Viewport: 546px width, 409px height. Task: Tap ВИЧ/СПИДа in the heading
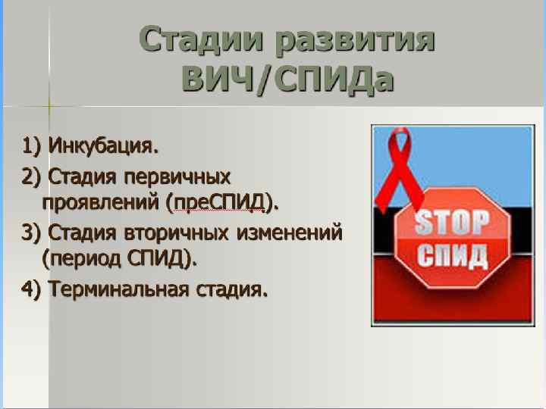click(x=288, y=78)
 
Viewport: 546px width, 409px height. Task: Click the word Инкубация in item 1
click(x=103, y=144)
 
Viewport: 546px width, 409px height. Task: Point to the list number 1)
click(x=32, y=144)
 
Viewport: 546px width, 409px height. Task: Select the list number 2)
click(x=32, y=177)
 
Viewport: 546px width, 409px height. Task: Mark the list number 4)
click(x=32, y=289)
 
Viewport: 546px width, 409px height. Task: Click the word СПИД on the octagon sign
click(x=453, y=256)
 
